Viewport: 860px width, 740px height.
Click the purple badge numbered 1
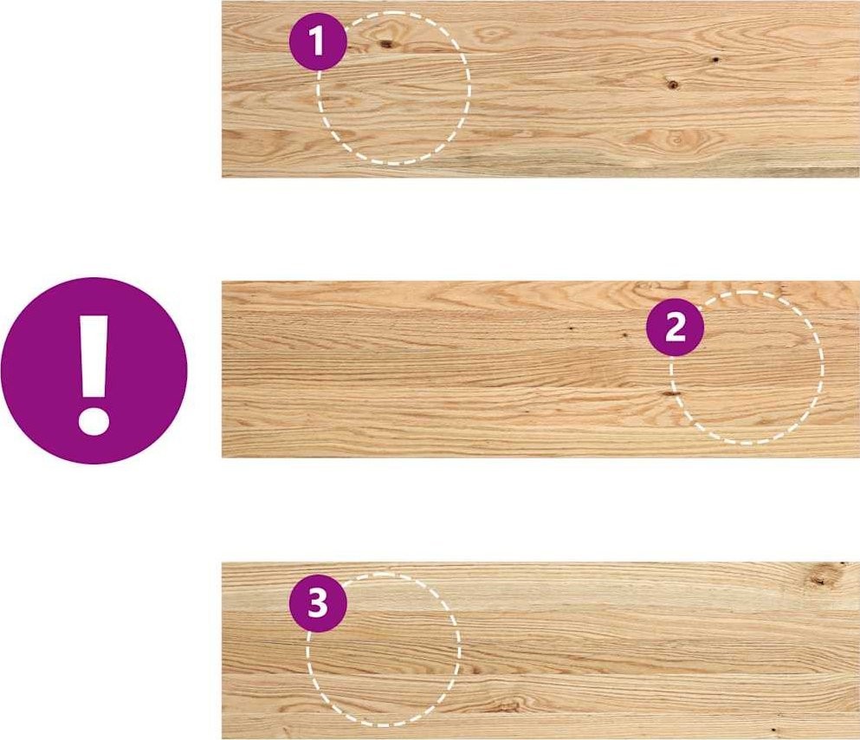tap(318, 42)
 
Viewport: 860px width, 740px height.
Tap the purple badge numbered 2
tap(675, 328)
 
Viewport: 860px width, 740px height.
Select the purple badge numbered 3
tap(318, 603)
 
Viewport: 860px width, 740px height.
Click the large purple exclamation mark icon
tap(94, 371)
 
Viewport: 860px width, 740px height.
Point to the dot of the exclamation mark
tap(94, 420)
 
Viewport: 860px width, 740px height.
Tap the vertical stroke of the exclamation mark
tap(94, 356)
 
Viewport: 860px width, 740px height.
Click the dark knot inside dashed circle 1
tap(386, 43)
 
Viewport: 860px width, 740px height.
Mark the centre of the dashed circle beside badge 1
tap(393, 88)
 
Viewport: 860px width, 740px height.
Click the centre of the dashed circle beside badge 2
tap(747, 367)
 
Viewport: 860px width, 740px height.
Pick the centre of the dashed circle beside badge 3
tap(383, 650)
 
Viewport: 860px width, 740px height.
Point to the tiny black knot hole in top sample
tap(715, 59)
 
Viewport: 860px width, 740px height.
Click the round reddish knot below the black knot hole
tap(673, 84)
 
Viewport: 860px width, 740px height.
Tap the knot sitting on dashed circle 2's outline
tap(669, 393)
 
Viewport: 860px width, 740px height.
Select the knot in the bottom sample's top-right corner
tap(821, 577)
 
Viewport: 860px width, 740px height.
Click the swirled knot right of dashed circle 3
tap(506, 704)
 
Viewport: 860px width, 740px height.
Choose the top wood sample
tap(540, 89)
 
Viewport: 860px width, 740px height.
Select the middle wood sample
tap(540, 369)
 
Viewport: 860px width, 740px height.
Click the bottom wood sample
tap(540, 651)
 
